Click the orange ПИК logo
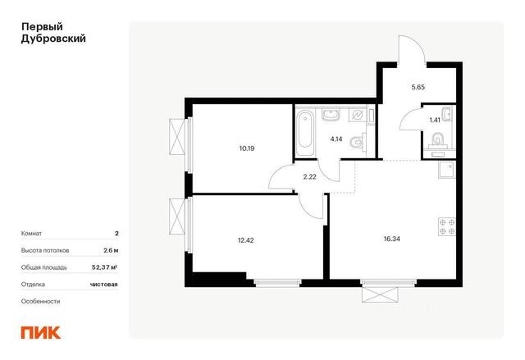[41, 333]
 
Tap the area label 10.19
[247, 148]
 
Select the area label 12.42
[246, 240]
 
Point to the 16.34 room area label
[392, 239]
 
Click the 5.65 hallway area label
[418, 87]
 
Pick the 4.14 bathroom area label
[336, 139]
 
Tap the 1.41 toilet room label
[435, 120]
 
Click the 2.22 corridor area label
[310, 176]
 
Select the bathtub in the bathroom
[304, 132]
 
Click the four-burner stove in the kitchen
[447, 226]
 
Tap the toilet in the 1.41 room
[437, 140]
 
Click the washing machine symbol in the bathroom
[357, 115]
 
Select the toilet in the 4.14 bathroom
[358, 142]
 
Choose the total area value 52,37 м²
[104, 267]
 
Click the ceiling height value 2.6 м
[111, 250]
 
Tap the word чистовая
[104, 285]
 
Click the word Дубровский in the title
[53, 39]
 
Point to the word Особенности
[40, 301]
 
